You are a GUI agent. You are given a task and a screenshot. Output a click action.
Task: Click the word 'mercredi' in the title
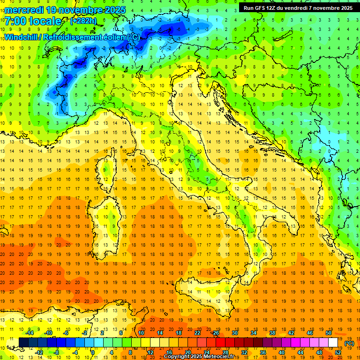24,9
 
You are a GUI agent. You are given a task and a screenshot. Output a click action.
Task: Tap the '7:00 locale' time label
33,21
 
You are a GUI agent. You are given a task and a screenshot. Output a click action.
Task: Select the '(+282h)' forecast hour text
83,21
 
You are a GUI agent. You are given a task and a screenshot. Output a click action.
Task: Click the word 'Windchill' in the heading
22,37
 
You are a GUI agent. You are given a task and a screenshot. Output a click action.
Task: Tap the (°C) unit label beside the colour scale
349,343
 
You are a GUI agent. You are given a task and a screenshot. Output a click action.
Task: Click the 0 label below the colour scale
93,352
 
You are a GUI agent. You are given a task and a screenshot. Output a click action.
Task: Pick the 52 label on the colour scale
338,352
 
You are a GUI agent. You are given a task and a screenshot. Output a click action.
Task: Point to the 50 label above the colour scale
328,332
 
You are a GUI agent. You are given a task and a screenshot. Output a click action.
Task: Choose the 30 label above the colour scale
234,332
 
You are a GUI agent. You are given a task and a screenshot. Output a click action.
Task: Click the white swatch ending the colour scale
333,343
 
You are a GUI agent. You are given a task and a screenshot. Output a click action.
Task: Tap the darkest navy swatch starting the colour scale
23,343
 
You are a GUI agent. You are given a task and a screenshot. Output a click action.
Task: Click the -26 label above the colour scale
215,332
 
